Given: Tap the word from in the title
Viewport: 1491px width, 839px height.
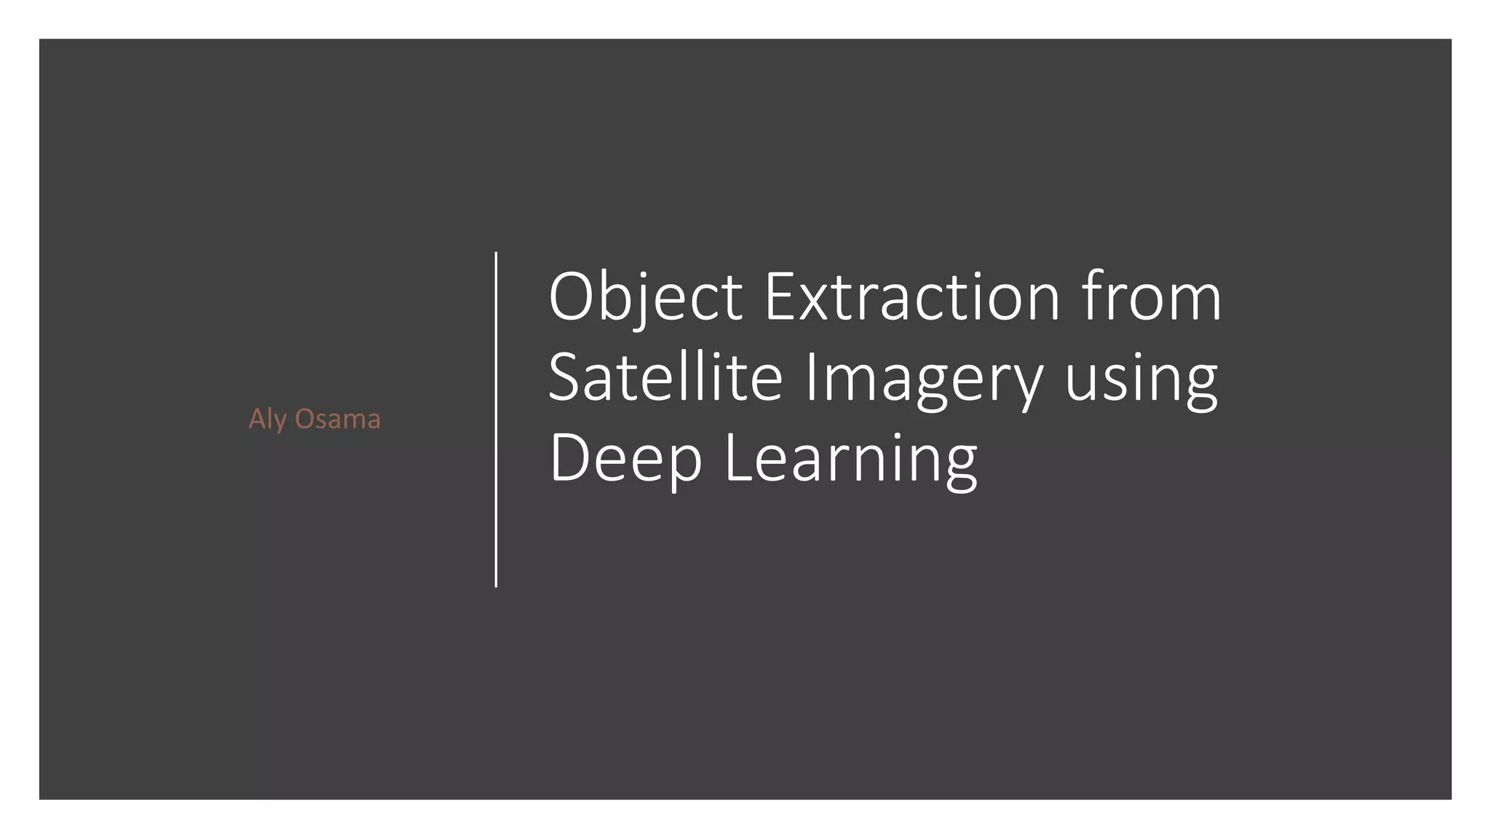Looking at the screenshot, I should pos(1151,297).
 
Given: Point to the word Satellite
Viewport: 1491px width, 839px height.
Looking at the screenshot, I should pos(665,378).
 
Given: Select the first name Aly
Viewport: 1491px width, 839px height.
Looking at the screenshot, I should pos(267,419).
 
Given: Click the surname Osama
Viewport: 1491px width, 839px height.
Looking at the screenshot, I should pos(337,419).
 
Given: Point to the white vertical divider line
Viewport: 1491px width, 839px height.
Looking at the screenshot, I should pos(496,419).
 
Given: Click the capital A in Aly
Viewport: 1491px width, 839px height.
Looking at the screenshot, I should pos(256,419).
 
